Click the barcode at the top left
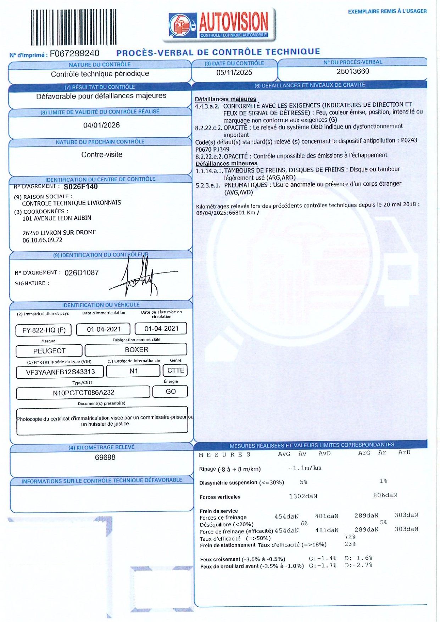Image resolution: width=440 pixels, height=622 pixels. pos(73,27)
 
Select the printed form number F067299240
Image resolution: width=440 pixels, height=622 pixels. pos(74,54)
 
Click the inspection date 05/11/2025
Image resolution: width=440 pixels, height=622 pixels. pos(234,73)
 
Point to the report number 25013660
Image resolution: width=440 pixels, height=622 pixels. pos(353,72)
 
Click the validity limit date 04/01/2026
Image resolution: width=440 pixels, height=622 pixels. pos(101,125)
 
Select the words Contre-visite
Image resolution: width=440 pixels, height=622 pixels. pos(102,155)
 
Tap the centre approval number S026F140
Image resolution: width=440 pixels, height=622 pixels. pos(80,187)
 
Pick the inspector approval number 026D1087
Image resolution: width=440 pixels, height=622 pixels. pos(82,273)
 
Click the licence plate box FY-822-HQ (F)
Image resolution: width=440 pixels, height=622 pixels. pos(44,330)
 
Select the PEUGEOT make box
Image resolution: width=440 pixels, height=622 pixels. pos(49,351)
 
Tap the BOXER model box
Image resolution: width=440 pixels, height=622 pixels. pos(136,349)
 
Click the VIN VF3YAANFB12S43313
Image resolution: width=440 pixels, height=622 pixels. pos(60,372)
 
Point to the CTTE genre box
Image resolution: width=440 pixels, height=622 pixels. pos(176,370)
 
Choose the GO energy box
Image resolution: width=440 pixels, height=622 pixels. pos(171,391)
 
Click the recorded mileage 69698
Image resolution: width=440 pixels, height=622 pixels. pos(105,457)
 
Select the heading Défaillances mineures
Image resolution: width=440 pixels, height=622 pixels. pos(226,163)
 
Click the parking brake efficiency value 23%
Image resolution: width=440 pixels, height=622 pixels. pos(350,544)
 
